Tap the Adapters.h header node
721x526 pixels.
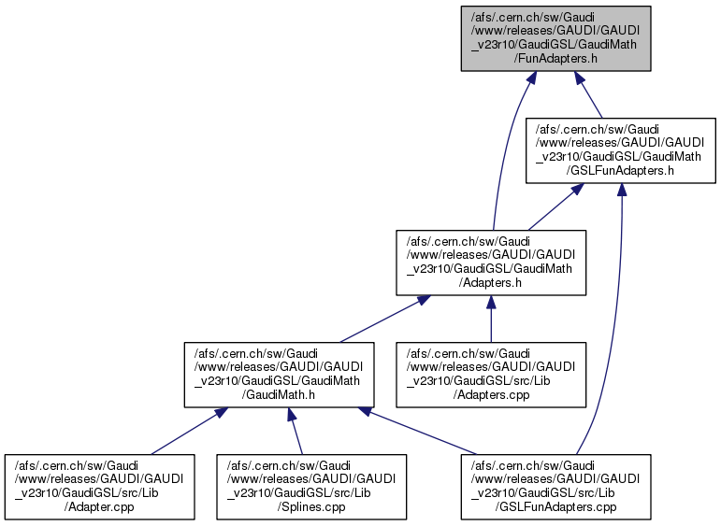[490, 263]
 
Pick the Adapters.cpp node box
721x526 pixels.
[491, 375]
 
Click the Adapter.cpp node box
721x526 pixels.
[101, 487]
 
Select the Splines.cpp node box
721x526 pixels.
[311, 487]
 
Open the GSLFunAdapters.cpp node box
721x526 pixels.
[555, 487]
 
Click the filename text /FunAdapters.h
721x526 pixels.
[555, 58]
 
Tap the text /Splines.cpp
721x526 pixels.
[311, 508]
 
